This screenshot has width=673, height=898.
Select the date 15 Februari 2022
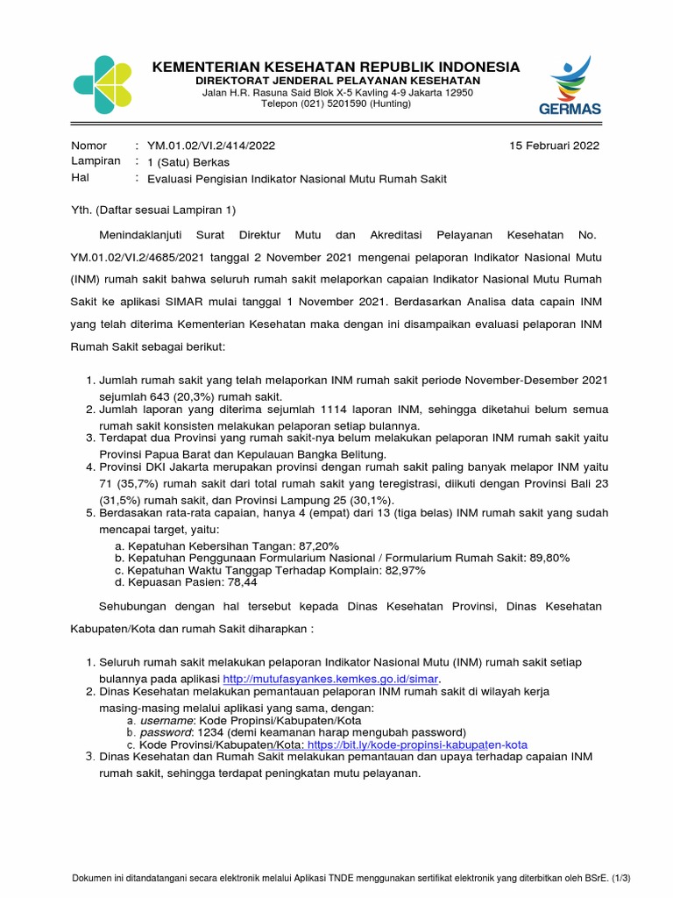pyautogui.click(x=554, y=146)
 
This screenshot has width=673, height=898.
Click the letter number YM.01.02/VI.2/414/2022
pyautogui.click(x=216, y=146)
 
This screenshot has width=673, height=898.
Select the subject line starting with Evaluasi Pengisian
pyautogui.click(x=296, y=179)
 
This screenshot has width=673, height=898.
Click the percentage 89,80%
pyautogui.click(x=546, y=558)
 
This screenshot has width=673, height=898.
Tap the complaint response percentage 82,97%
pyautogui.click(x=400, y=570)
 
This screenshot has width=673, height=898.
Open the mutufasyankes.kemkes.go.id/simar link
pyautogui.click(x=330, y=679)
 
